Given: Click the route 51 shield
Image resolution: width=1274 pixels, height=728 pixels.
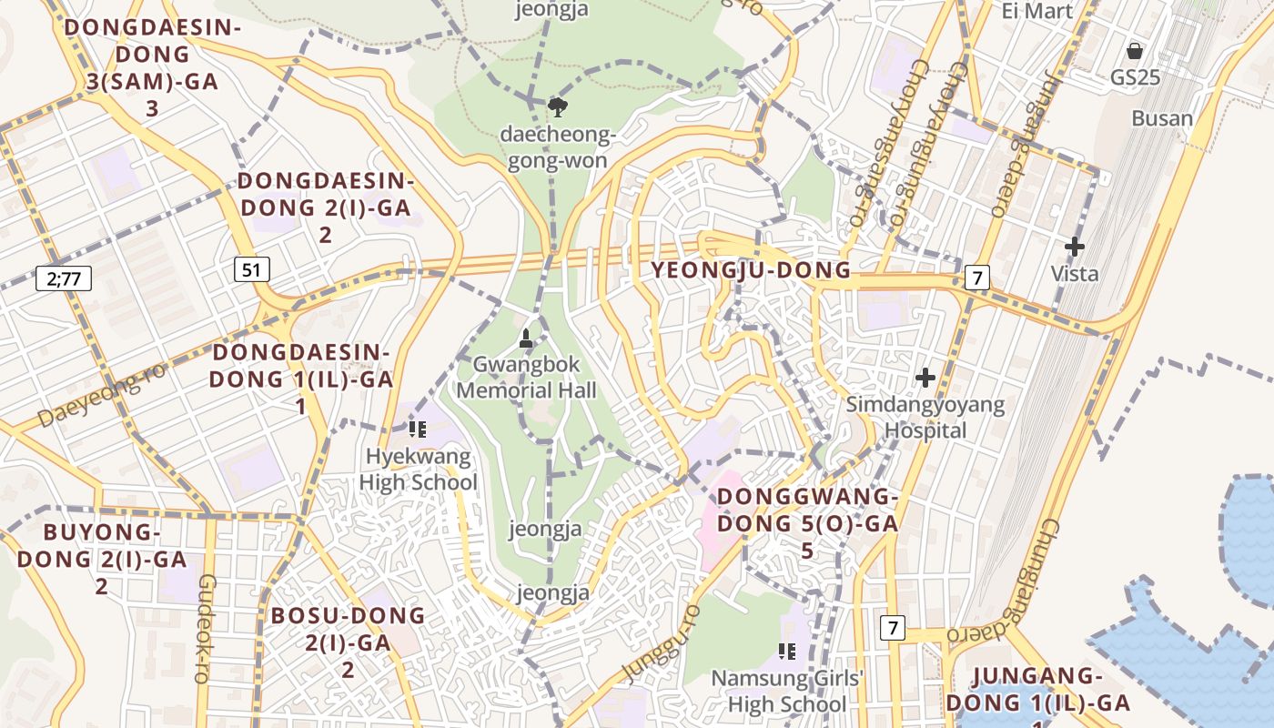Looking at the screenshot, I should point(252,269).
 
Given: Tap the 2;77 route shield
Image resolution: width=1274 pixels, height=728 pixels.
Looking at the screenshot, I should point(64,278).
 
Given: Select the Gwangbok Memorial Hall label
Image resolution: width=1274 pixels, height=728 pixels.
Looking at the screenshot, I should point(526,378).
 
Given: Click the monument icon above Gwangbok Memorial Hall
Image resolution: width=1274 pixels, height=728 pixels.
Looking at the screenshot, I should point(525,339).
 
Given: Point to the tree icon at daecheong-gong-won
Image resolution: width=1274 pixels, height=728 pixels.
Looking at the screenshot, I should point(557,107).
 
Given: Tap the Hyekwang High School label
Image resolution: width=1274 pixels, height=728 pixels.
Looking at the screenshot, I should point(418,470).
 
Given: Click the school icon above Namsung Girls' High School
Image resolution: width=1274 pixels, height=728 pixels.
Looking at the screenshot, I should point(787,651).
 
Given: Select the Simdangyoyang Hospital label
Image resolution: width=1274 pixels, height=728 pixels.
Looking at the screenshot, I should point(925,417).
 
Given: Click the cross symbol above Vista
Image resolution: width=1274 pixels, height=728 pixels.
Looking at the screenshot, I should point(1075,247).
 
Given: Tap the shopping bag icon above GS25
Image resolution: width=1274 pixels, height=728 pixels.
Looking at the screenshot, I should point(1135,51).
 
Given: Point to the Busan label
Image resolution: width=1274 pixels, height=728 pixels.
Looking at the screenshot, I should point(1162,118).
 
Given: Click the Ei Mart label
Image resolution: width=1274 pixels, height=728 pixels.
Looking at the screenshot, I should point(1037,11).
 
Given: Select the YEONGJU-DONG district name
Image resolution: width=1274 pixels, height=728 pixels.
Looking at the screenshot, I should point(751,270).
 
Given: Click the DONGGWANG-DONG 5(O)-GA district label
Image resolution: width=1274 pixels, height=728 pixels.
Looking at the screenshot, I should point(807,523).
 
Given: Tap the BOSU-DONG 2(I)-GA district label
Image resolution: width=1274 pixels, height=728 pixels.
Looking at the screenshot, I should point(348,642).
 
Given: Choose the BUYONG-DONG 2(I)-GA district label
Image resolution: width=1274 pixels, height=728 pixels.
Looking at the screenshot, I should point(101,558).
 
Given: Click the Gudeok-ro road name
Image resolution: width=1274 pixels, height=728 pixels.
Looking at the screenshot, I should point(206,628).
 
